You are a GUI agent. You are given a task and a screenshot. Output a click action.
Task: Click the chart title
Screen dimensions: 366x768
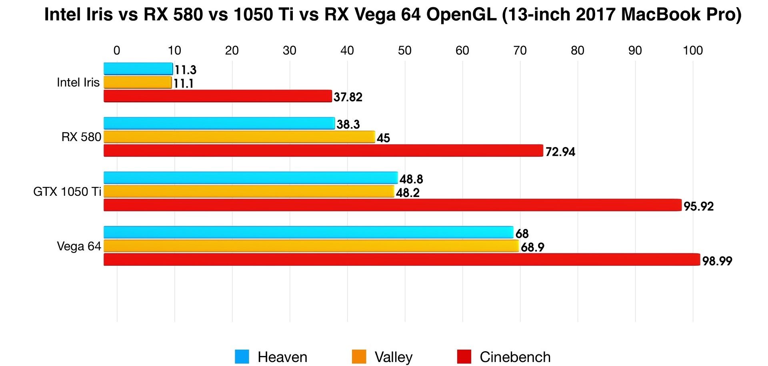[393, 15]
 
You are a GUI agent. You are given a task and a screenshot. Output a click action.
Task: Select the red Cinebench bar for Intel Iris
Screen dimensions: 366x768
[218, 96]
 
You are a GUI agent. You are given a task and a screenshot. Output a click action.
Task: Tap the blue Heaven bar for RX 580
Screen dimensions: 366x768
[219, 123]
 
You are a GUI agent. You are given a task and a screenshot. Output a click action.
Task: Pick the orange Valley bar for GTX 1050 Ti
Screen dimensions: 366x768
[249, 192]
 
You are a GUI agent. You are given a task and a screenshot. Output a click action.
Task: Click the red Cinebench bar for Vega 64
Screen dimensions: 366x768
[402, 260]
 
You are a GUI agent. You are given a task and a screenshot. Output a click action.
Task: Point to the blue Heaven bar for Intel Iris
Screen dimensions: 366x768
[138, 69]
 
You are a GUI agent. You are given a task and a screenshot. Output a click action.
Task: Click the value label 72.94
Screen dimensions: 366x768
[560, 152]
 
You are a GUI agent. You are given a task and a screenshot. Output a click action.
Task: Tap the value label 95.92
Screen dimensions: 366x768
[698, 207]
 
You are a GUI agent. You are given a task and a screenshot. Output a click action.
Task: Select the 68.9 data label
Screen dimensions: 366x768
[532, 247]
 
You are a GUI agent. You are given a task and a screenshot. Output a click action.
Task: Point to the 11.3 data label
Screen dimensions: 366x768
[185, 70]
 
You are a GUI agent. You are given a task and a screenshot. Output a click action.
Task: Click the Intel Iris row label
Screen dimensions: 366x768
[78, 83]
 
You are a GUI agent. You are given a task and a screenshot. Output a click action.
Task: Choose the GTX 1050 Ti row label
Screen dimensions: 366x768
[67, 192]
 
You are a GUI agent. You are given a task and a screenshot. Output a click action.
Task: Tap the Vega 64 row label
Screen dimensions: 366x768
[79, 247]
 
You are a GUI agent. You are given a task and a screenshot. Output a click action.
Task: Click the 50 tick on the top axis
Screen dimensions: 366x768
[404, 51]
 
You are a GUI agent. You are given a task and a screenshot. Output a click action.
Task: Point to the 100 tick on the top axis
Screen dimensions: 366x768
[692, 51]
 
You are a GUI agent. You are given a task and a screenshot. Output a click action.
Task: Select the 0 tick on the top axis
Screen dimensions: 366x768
[117, 51]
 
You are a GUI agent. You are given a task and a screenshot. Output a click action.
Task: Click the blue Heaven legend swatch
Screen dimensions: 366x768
[242, 356]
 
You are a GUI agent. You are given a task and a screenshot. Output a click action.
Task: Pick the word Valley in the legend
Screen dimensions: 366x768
[393, 357]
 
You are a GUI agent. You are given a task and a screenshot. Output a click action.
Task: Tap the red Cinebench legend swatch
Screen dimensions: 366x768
[464, 356]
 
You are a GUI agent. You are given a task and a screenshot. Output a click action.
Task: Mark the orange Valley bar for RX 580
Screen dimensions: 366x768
[239, 137]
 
